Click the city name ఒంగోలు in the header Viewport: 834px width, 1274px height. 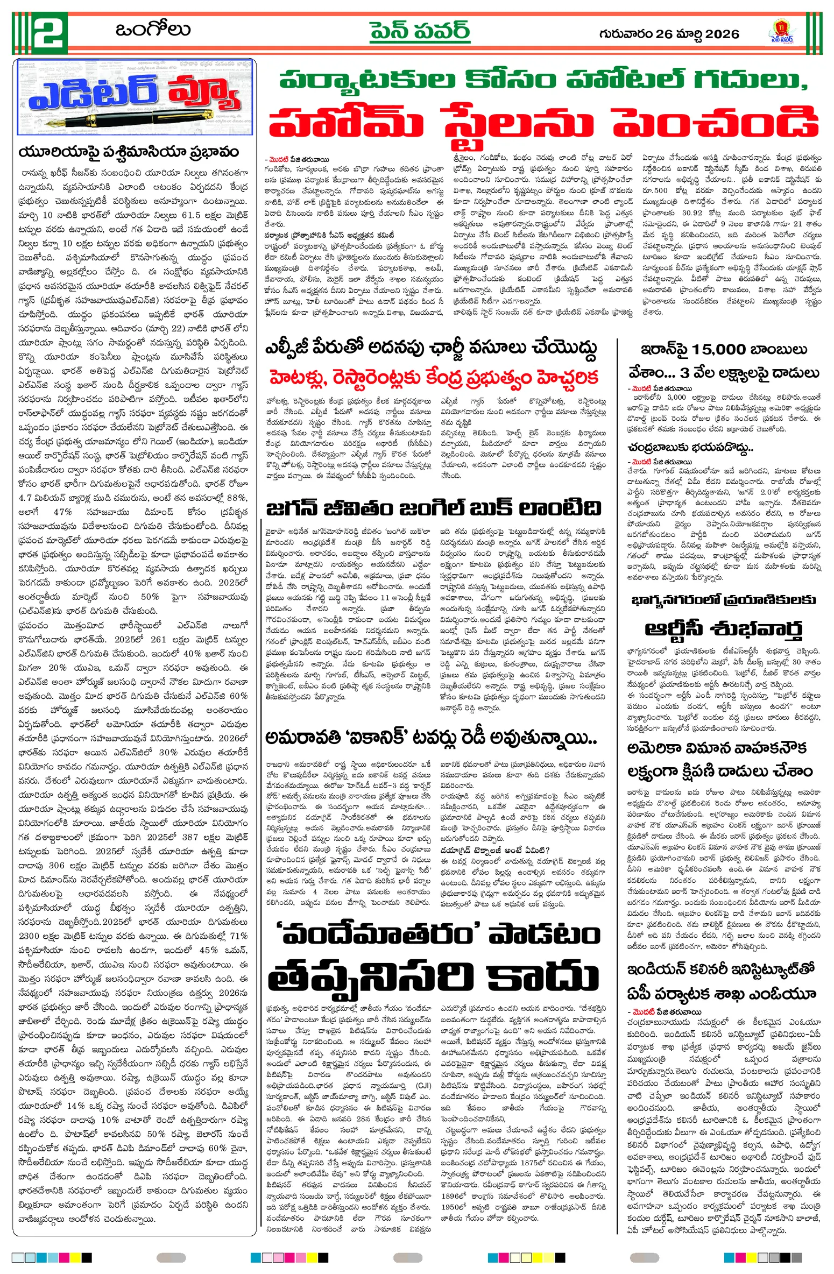pyautogui.click(x=153, y=30)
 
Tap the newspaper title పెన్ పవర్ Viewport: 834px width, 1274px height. pyautogui.click(x=419, y=31)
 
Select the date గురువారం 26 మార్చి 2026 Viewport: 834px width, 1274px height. pyautogui.click(x=669, y=34)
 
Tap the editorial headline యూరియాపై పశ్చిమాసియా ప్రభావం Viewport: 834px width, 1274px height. pyautogui.click(x=128, y=152)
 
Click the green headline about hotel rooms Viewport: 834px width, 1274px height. pyautogui.click(x=543, y=81)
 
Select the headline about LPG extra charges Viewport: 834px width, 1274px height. pyautogui.click(x=430, y=348)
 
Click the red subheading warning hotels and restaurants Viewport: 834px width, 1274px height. pyautogui.click(x=434, y=378)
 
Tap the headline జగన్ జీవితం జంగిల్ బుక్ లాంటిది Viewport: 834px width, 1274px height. pyautogui.click(x=433, y=507)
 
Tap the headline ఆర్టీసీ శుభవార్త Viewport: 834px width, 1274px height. pyautogui.click(x=724, y=628)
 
